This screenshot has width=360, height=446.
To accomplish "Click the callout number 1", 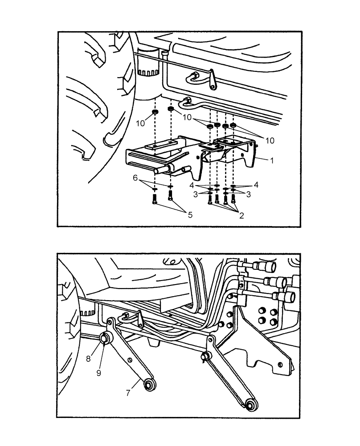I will point(271,158).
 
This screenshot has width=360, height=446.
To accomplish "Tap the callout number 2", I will point(241,215).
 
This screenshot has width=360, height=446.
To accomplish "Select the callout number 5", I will point(190,215).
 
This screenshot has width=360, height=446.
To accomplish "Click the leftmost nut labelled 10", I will point(155,111).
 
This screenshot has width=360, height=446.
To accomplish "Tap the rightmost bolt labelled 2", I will point(233,198).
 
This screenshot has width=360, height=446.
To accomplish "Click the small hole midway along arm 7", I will point(129,360).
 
